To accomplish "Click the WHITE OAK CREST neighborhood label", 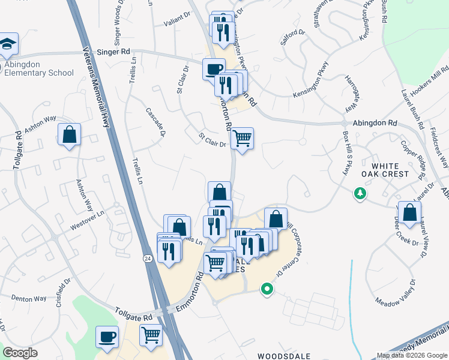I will click(x=390, y=169).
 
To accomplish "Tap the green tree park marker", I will click(x=360, y=194).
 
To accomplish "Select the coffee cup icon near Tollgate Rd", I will click(x=108, y=337).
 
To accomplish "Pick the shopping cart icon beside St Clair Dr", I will click(x=242, y=139).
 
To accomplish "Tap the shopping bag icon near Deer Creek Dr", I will click(x=409, y=214).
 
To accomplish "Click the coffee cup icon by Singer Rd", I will click(x=214, y=69).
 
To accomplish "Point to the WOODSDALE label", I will click(x=284, y=356).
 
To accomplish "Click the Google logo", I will click(x=20, y=353).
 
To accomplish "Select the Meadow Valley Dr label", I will click(x=395, y=292).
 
